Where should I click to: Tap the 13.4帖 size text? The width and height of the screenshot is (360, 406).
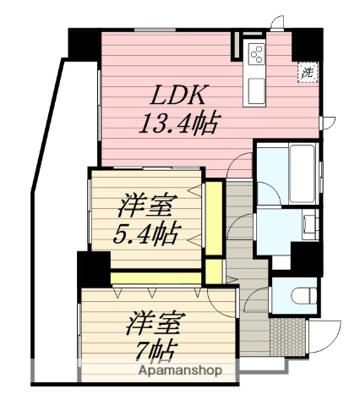[179, 125]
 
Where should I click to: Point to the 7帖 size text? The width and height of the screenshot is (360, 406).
[157, 350]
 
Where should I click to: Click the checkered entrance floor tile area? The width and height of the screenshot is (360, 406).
[286, 337]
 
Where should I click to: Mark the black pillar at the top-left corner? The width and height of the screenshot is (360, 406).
[84, 42]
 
